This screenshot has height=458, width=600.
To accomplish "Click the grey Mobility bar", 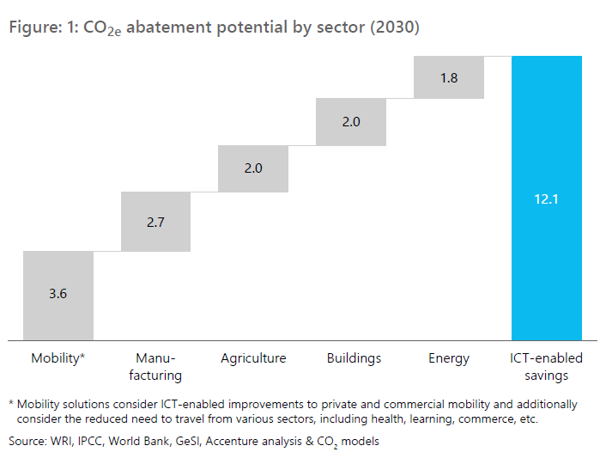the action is click(x=58, y=296).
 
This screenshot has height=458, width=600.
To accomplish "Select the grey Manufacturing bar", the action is click(x=155, y=222).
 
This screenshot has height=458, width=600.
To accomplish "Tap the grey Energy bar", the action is click(x=449, y=77).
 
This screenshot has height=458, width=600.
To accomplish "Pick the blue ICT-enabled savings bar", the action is click(x=547, y=198).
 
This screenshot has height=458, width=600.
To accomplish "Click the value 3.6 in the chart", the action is click(x=58, y=294).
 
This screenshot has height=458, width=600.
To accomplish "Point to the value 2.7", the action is click(x=155, y=223).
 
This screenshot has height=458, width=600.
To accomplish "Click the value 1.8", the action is click(x=449, y=78).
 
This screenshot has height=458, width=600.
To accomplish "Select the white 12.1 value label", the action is click(x=547, y=199).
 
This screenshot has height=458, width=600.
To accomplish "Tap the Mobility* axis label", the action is click(x=58, y=358).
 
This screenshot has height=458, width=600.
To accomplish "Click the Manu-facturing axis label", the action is click(x=155, y=367).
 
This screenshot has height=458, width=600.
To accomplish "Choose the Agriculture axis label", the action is click(x=253, y=359).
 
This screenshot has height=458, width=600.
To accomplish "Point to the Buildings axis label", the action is click(x=354, y=359).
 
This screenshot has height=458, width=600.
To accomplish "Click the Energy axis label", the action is click(x=449, y=359).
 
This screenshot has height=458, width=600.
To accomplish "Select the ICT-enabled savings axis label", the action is click(x=547, y=367).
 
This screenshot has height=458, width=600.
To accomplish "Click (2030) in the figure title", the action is click(x=395, y=27).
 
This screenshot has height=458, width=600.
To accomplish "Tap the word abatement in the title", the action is click(x=169, y=27).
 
